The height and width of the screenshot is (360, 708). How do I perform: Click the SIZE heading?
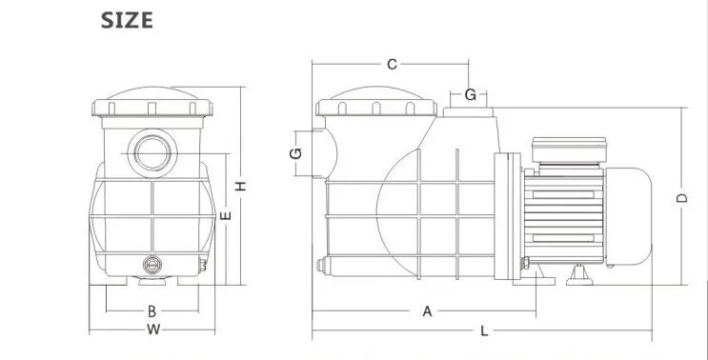tap(127, 21)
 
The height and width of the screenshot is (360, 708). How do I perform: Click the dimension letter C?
tap(392, 65)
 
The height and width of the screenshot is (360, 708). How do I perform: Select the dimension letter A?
tap(427, 311)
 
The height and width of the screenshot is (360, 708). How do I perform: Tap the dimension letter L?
tap(484, 331)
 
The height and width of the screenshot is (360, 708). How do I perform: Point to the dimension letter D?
tap(682, 197)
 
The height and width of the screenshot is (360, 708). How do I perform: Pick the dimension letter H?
tap(241, 186)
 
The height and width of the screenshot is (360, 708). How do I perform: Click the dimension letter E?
tap(225, 215)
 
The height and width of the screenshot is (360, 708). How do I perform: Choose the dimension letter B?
tap(152, 311)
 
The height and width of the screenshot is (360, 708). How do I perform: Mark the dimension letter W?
tap(153, 330)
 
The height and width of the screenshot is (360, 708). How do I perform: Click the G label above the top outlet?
tap(471, 94)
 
